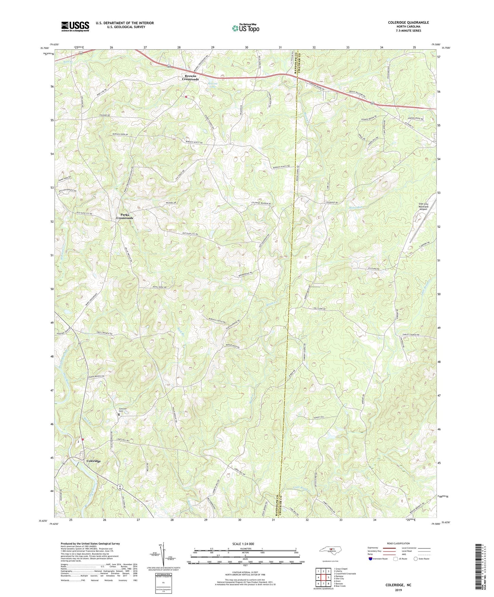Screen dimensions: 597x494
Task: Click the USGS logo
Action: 75,26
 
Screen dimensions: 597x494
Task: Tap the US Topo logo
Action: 245,28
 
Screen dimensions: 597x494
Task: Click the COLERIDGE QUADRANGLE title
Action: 408,23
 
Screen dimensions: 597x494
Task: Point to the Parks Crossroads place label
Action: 124,216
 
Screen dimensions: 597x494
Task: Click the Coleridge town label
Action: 93,461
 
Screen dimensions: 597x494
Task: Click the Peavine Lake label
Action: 213,85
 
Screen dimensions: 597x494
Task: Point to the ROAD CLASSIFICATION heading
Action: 398,543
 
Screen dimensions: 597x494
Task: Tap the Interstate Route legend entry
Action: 378,559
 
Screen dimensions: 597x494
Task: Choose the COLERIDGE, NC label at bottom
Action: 398,585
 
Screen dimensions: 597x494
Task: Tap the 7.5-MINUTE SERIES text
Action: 408,31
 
